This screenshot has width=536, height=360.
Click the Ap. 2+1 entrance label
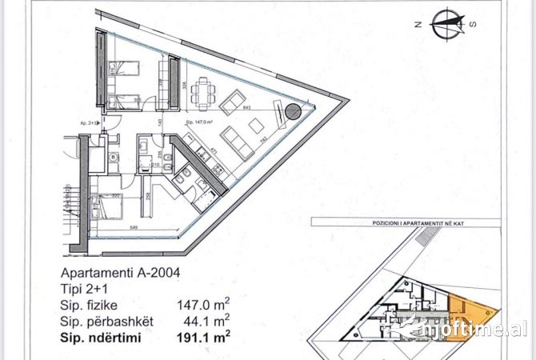(x=89, y=124)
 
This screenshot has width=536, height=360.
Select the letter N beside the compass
(x=417, y=25)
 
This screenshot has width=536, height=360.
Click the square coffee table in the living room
(x=258, y=125)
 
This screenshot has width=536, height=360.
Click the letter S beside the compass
(x=472, y=24)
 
